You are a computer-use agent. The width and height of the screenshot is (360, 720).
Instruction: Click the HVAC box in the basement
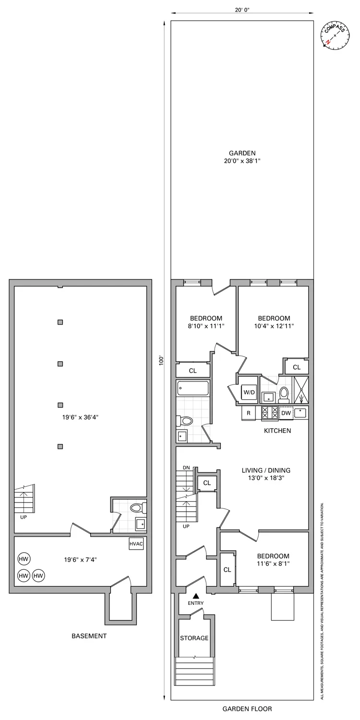pyautogui.click(x=136, y=544)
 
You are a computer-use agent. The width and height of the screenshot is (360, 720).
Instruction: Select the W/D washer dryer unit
pyautogui.click(x=249, y=392)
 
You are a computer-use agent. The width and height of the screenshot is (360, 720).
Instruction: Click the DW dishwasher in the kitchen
pyautogui.click(x=286, y=412)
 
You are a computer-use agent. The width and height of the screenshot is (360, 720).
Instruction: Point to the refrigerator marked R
pyautogui.click(x=249, y=413)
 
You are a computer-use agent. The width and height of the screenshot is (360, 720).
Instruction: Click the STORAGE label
pyautogui.click(x=194, y=638)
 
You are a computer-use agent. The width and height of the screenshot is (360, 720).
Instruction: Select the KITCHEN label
pyautogui.click(x=277, y=431)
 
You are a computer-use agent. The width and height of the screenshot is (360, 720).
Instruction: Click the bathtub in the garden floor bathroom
pyautogui.click(x=192, y=388)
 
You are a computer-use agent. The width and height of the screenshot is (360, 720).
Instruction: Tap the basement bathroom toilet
pyautogui.click(x=138, y=507)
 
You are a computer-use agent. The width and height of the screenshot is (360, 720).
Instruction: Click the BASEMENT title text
pyautogui.click(x=89, y=636)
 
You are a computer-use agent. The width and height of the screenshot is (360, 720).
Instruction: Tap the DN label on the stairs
pyautogui.click(x=186, y=468)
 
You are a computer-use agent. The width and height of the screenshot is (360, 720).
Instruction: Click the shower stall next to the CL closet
pyautogui.click(x=300, y=389)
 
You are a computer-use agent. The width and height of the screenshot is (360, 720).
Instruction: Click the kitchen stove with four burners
pyautogui.click(x=269, y=413)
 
